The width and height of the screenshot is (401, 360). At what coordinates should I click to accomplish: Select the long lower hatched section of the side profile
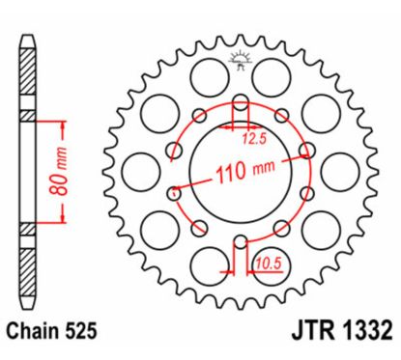[x=28, y=271]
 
